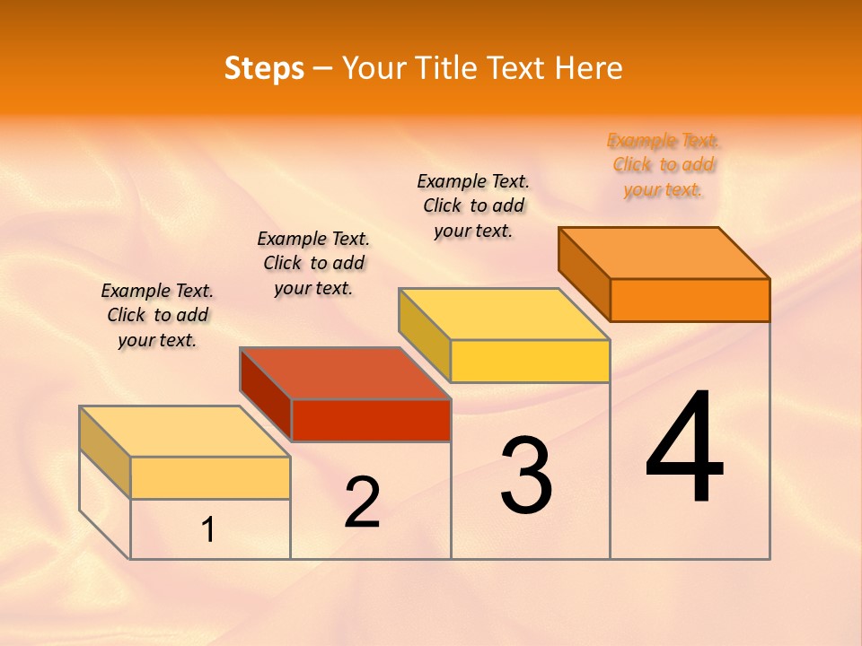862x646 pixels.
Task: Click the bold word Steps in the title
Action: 264,68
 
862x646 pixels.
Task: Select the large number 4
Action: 684,449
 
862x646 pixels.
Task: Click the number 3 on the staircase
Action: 526,476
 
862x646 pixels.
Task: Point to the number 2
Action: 362,503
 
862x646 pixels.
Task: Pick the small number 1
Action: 207,530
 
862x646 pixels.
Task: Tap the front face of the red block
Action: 371,420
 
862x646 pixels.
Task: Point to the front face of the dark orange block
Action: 690,300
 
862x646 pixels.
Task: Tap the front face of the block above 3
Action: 530,361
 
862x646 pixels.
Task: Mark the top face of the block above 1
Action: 184,432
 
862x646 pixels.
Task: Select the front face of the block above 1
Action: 210,477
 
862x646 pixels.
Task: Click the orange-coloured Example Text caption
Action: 664,165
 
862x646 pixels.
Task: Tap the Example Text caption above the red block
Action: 313,263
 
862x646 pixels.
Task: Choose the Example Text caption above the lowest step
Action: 157,315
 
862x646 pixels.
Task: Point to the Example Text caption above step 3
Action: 473,205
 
